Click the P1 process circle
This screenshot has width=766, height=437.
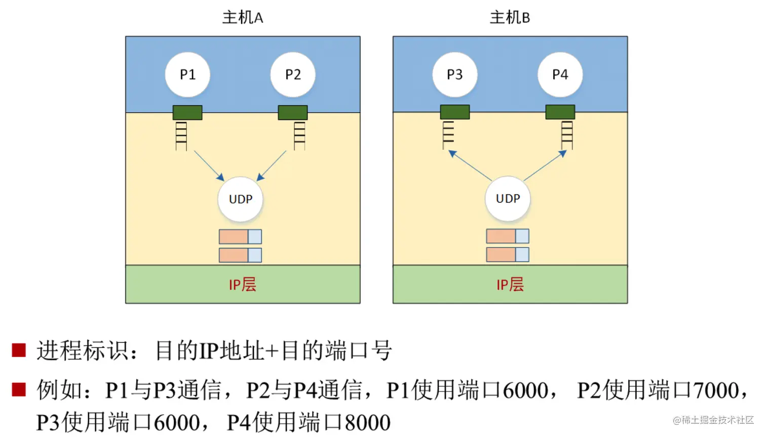[x=187, y=75]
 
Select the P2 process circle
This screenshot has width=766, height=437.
[x=293, y=75]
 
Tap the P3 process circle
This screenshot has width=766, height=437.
[x=454, y=75]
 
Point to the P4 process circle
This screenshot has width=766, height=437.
[x=560, y=75]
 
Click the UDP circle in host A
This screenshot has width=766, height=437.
[x=240, y=199]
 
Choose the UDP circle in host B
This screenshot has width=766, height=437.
[x=508, y=199]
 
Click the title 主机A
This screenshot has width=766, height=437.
[x=243, y=18]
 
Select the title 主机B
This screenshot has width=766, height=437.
[x=510, y=18]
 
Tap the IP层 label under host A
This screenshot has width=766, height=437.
[x=243, y=285]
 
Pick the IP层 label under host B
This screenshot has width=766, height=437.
[x=510, y=285]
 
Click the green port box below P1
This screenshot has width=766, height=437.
[x=187, y=112]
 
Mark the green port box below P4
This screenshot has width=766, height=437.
[x=560, y=112]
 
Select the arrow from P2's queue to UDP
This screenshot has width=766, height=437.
[x=272, y=165]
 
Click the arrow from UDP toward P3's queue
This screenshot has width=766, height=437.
[x=471, y=165]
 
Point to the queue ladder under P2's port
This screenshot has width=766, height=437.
[x=299, y=135]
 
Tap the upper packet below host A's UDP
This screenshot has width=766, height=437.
[x=240, y=237]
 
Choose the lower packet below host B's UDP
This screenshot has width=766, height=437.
[x=508, y=254]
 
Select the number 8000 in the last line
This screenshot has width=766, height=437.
[x=367, y=423]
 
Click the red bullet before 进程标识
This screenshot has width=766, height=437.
[x=19, y=350]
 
